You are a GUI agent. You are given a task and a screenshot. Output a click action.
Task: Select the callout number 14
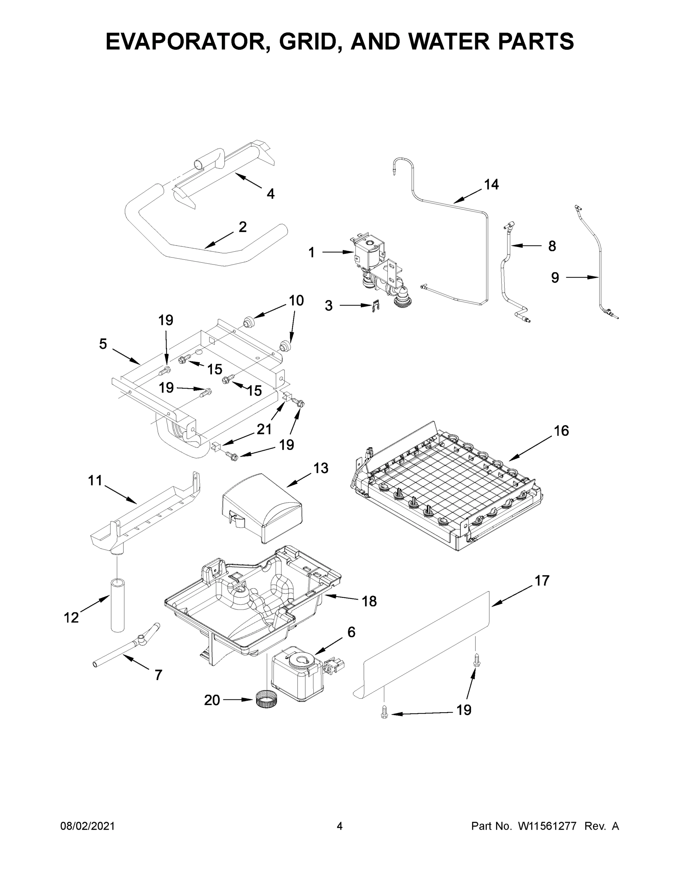[x=491, y=184]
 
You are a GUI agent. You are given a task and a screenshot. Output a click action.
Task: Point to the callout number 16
[x=561, y=431]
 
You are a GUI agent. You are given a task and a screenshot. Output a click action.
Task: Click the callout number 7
[x=158, y=675]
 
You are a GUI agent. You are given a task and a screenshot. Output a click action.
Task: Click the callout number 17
[x=542, y=581]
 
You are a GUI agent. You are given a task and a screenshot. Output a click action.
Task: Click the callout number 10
[x=296, y=301]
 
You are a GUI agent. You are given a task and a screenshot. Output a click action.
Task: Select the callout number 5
[x=103, y=344]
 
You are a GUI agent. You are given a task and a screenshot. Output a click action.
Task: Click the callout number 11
[x=95, y=480]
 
